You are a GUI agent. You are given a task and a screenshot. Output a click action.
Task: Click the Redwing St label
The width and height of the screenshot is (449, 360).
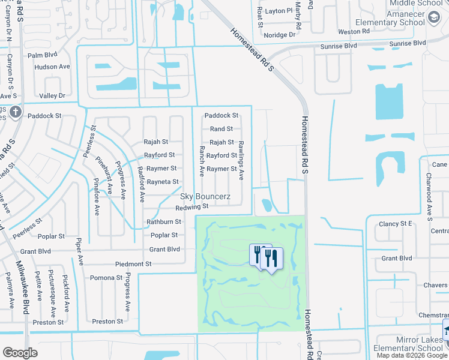pos(191,208)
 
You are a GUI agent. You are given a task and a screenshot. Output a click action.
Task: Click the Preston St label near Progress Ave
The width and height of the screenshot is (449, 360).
pos(108,322)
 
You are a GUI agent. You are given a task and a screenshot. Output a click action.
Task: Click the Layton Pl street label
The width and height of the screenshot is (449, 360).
pos(279,11)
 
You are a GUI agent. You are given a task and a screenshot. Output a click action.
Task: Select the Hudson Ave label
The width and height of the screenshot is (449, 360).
pos(52,67)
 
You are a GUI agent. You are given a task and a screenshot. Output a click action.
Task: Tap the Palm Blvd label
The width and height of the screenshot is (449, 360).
pos(42,55)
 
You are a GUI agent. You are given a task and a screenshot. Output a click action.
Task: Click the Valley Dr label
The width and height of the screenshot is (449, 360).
pos(52,96)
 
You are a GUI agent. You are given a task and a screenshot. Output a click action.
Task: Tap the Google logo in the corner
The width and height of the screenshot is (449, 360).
pos(20,352)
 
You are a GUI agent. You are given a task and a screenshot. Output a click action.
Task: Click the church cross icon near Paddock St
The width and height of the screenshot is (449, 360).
pos(16,112)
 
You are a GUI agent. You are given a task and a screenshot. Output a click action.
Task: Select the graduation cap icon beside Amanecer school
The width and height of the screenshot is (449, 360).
pos(433,19)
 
